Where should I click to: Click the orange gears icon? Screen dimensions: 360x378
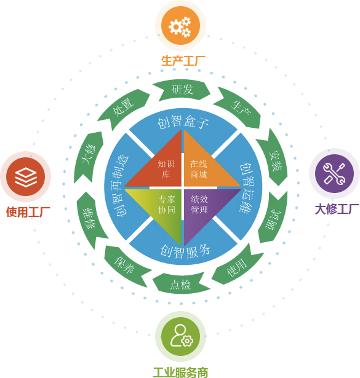coord(180,26)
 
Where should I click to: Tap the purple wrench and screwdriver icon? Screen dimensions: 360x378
coord(334,173)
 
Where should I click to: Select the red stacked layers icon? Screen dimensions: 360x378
coord(26,176)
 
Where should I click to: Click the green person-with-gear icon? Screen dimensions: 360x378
coord(180,337)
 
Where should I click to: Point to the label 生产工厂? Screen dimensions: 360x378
coord(183,61)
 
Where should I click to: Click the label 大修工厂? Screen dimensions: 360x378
coord(337,209)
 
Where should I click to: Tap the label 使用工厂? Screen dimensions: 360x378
coord(28,212)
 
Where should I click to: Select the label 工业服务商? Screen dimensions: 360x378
coord(180,372)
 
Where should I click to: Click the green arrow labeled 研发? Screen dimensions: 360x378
coord(182,90)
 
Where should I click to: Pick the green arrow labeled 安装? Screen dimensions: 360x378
coord(274,157)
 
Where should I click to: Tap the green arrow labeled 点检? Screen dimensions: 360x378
coord(181,283)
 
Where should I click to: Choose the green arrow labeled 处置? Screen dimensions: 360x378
coord(122,108)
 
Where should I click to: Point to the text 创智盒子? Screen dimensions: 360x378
coord(183,121)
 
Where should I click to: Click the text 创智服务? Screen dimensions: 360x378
coord(185,252)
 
